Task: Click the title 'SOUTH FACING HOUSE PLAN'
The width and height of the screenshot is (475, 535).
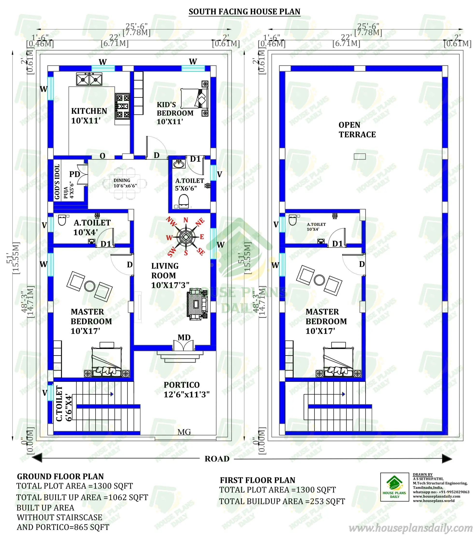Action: [244, 12]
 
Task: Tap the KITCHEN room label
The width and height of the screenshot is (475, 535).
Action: [89, 115]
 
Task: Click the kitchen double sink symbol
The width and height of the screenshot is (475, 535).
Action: [89, 79]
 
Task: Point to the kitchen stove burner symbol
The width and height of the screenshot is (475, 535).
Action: [123, 106]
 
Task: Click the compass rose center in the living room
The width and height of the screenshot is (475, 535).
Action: [186, 237]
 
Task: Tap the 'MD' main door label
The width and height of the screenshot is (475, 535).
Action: [184, 337]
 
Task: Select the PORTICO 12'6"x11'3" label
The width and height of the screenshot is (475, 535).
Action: [186, 389]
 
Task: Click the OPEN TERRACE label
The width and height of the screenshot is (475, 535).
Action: [357, 130]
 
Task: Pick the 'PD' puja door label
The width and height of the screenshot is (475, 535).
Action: [74, 174]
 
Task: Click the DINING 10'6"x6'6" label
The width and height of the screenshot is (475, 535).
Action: [125, 183]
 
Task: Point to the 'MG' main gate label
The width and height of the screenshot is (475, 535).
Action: [184, 432]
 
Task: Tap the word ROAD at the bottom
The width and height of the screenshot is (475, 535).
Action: [217, 459]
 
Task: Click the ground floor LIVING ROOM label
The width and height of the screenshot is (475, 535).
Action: [170, 275]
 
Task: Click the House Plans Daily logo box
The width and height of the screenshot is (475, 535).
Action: [394, 487]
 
